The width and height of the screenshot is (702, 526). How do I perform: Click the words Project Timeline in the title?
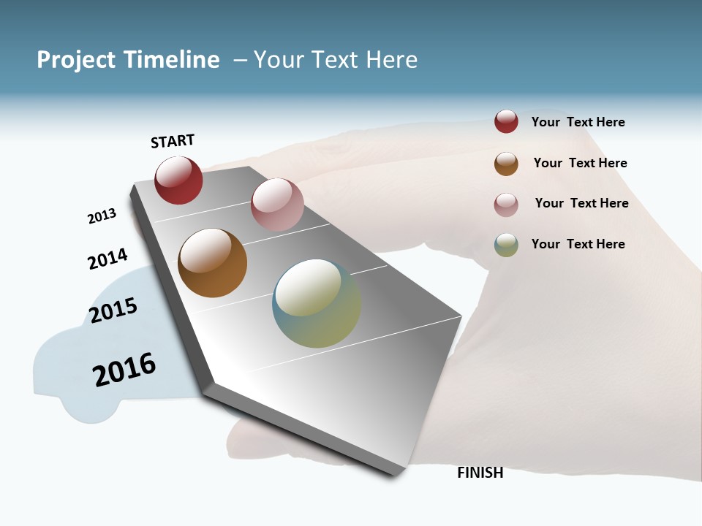pyautogui.click(x=128, y=60)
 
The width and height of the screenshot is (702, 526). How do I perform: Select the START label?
pyautogui.click(x=173, y=141)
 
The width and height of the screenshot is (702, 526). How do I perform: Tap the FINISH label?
pyautogui.click(x=480, y=473)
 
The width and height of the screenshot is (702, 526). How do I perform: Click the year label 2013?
pyautogui.click(x=102, y=216)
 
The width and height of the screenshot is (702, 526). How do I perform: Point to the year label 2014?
pyautogui.click(x=107, y=259)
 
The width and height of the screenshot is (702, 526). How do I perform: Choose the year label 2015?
pyautogui.click(x=113, y=310)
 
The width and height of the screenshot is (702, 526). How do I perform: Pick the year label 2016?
pyautogui.click(x=124, y=369)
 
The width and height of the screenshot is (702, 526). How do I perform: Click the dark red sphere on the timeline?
pyautogui.click(x=178, y=180)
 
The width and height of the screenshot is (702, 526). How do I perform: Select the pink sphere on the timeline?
pyautogui.click(x=277, y=205)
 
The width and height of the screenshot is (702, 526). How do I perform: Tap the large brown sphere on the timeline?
pyautogui.click(x=212, y=263)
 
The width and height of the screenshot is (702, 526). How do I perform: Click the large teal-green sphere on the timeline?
pyautogui.click(x=317, y=303)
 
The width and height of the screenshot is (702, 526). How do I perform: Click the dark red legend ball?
pyautogui.click(x=506, y=122)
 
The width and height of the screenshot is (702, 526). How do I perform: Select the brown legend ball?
pyautogui.click(x=506, y=164)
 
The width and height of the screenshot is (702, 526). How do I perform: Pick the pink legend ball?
pyautogui.click(x=506, y=205)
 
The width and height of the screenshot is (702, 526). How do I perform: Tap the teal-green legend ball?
pyautogui.click(x=506, y=245)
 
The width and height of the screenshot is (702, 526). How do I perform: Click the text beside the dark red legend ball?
pyautogui.click(x=578, y=122)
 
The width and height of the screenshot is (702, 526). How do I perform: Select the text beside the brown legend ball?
pyautogui.click(x=580, y=163)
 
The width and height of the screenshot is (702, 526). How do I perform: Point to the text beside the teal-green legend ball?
pyautogui.click(x=578, y=244)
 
